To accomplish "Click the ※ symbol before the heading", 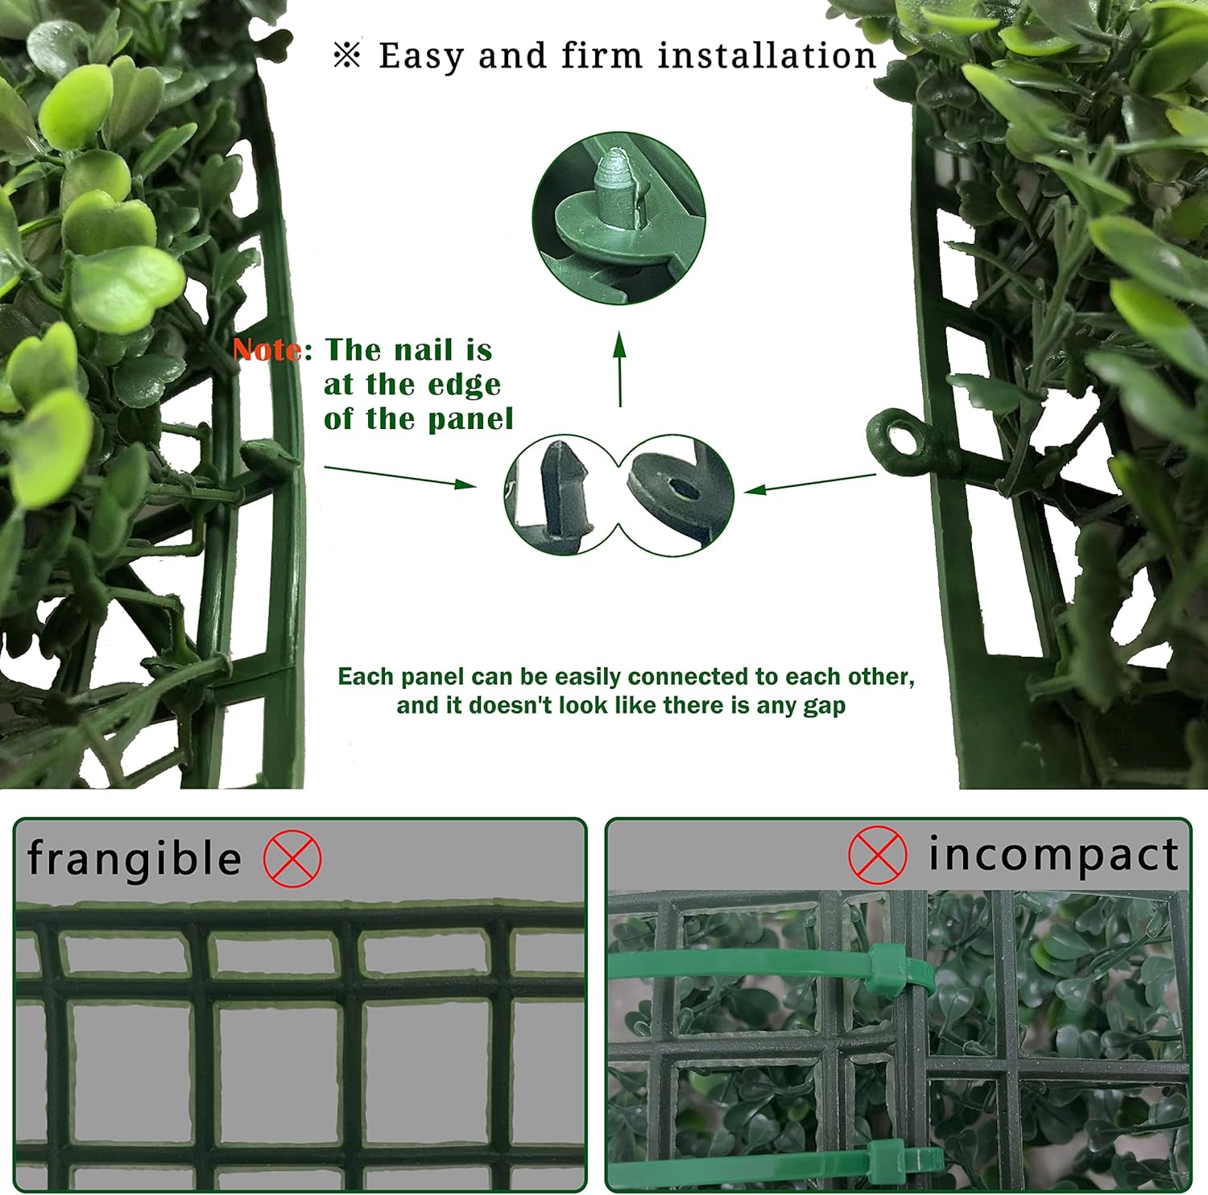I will click(x=347, y=56).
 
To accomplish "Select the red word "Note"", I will click(x=267, y=350).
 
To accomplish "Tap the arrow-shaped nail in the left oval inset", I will click(x=565, y=492).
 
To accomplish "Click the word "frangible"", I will click(x=134, y=859).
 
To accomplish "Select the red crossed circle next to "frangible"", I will click(x=292, y=859).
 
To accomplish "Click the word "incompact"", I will click(x=1053, y=855).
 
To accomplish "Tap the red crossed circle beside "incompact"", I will click(x=877, y=855).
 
